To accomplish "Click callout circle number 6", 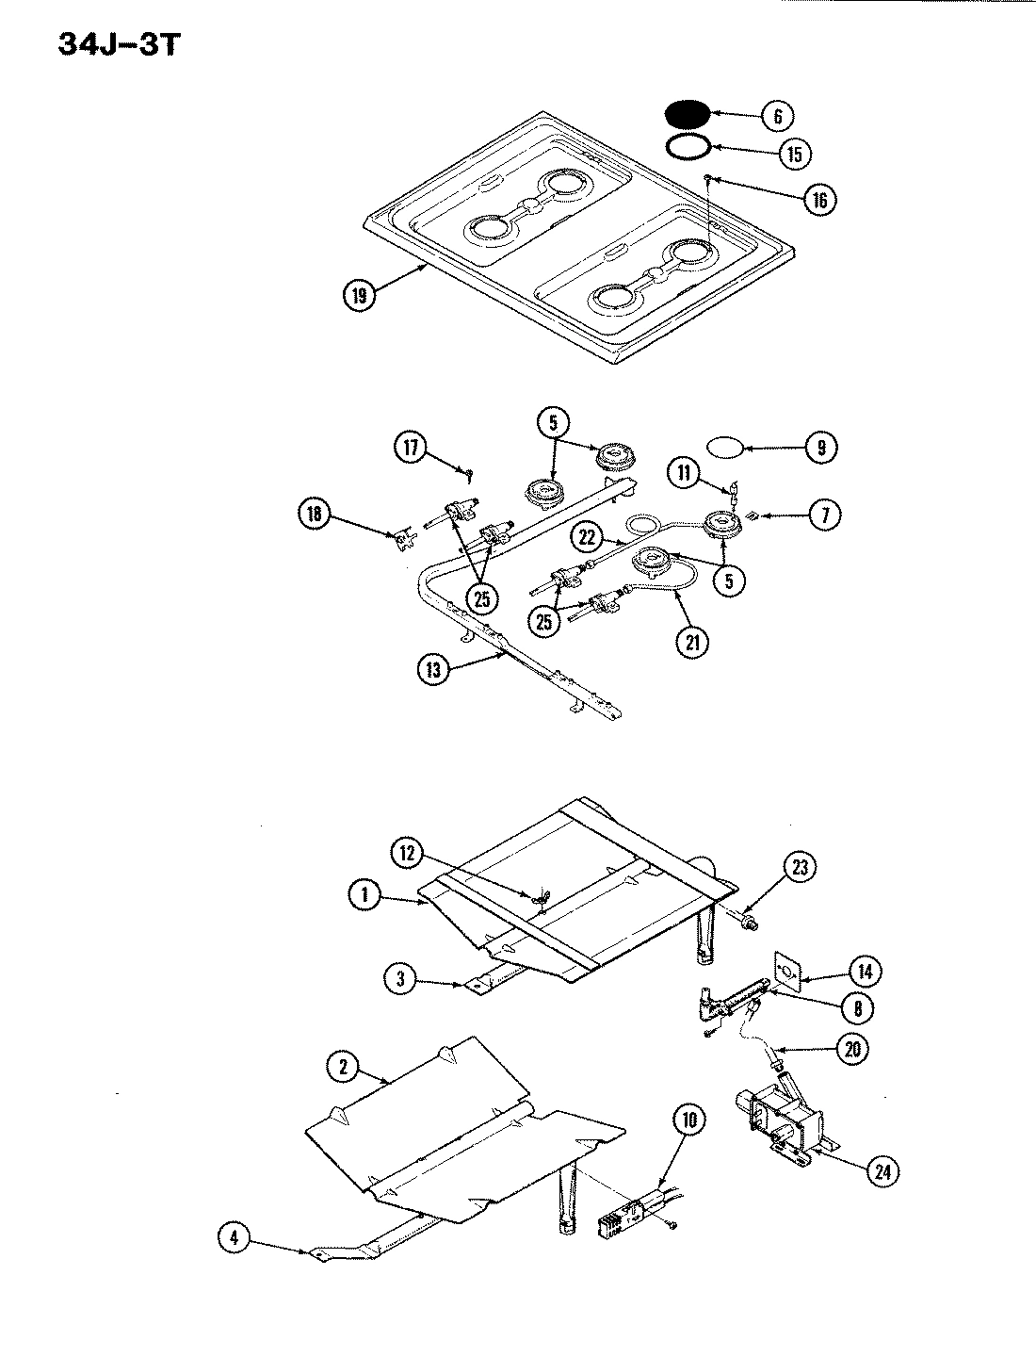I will [777, 116].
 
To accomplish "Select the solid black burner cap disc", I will [687, 113].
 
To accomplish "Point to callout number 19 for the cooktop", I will [359, 294].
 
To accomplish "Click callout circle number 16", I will [818, 199].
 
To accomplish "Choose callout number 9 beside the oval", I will [820, 449].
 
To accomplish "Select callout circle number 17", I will [412, 448].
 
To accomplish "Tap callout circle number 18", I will [315, 515].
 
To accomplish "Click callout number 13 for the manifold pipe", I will [433, 669].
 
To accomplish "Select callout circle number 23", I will [800, 868].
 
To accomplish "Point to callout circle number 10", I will [688, 1120].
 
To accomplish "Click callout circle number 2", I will [344, 1068].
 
